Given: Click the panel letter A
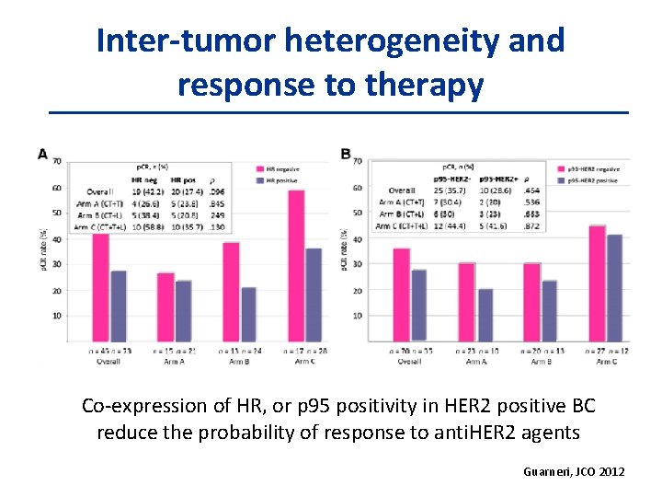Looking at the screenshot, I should (x=42, y=154).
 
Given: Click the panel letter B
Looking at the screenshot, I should (x=346, y=154).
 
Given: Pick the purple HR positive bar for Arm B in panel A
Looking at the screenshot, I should (x=248, y=314).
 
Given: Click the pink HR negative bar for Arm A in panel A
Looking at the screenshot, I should (x=165, y=306).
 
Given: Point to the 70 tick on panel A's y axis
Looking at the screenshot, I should (x=56, y=162).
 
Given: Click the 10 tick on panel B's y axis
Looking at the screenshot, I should (x=357, y=316).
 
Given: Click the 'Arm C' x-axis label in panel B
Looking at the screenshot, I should (x=605, y=362).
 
